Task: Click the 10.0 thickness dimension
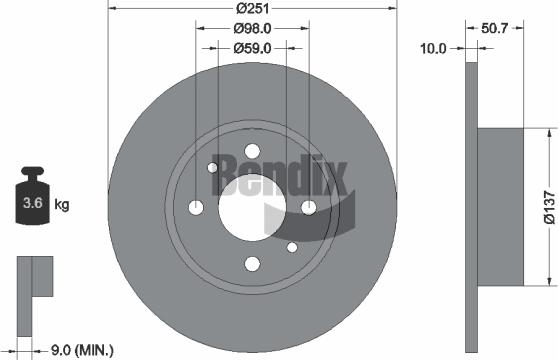tap(434, 46)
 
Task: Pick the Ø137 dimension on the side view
tap(549, 207)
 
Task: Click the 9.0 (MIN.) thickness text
tap(81, 349)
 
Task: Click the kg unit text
tap(62, 206)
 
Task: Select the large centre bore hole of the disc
tap(251, 207)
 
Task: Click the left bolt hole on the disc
tap(195, 208)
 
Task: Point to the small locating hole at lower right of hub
tap(291, 247)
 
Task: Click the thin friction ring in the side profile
tap(472, 207)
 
